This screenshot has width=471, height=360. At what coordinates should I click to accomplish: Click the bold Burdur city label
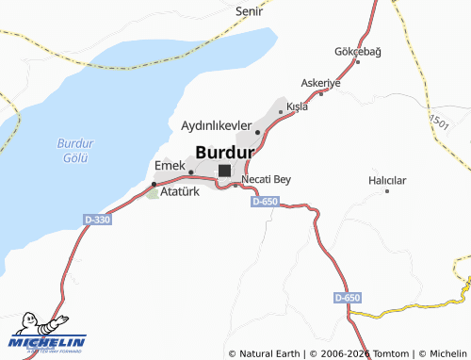225,151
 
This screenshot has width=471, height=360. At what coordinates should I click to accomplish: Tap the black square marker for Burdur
224,171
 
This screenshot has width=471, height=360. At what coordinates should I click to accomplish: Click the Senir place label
249,11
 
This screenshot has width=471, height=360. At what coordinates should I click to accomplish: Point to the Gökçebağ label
358,51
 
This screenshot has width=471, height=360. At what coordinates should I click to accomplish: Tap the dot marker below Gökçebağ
357,62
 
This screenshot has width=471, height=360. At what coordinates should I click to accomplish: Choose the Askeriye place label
320,83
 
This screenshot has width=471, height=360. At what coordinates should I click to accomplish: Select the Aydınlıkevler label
216,124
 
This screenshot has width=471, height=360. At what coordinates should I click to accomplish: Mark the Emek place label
169,165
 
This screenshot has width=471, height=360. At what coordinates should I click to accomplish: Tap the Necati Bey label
267,179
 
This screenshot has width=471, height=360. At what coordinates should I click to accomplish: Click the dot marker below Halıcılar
387,190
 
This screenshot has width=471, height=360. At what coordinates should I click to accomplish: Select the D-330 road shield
97,220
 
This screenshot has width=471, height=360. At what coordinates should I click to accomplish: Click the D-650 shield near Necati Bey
266,201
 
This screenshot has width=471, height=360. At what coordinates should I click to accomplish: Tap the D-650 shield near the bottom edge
347,298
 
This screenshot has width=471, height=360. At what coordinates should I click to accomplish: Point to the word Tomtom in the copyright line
393,353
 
